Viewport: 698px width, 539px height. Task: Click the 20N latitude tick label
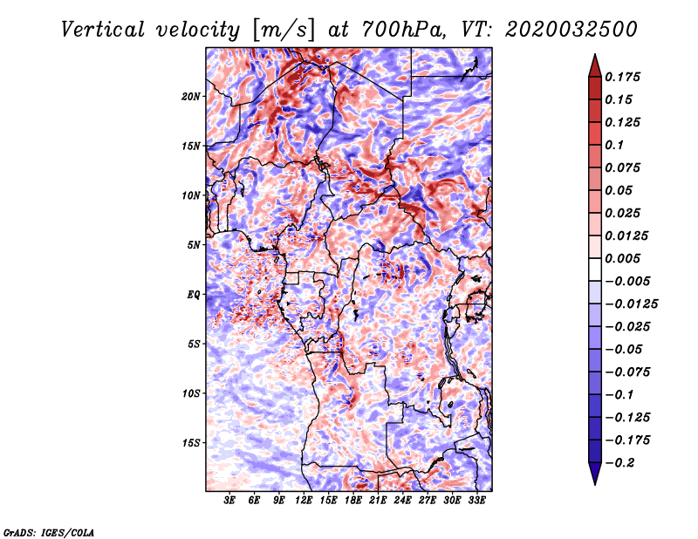click(191, 96)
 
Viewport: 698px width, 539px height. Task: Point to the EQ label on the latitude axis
click(194, 294)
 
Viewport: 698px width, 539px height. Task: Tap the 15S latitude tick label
click(191, 442)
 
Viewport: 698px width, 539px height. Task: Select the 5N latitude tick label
click(194, 245)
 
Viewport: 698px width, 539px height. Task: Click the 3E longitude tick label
click(229, 501)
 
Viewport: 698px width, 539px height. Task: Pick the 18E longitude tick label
click(353, 501)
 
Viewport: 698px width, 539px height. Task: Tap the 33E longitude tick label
click(476, 501)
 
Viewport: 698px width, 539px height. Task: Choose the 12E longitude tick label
click(304, 501)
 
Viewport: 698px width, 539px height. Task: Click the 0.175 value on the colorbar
click(622, 77)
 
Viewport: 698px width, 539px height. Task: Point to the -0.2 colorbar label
click(619, 462)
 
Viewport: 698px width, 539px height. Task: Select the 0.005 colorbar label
click(622, 258)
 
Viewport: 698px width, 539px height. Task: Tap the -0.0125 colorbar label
click(631, 304)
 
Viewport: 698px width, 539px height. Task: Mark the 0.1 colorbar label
click(614, 145)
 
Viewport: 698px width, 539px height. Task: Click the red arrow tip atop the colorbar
click(595, 54)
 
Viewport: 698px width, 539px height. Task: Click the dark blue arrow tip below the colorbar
click(595, 484)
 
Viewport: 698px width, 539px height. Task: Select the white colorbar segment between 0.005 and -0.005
click(595, 269)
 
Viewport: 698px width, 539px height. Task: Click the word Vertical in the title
click(103, 30)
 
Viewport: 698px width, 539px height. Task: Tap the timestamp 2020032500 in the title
click(571, 30)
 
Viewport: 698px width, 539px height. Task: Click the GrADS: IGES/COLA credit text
click(49, 532)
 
